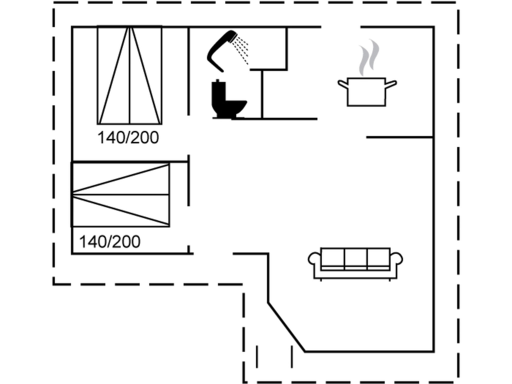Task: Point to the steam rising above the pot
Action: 369,57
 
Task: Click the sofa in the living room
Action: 355,264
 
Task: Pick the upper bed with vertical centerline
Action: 129,75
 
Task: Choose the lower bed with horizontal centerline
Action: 120,194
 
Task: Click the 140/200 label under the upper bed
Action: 128,137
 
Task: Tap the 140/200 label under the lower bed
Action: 110,242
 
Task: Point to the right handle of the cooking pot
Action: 391,84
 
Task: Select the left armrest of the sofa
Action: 314,259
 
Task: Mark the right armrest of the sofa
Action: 396,259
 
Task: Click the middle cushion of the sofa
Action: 356,257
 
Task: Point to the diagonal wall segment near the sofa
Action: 286,327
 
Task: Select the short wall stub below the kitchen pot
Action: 400,137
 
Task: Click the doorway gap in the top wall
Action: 341,26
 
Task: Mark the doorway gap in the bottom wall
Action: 213,254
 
